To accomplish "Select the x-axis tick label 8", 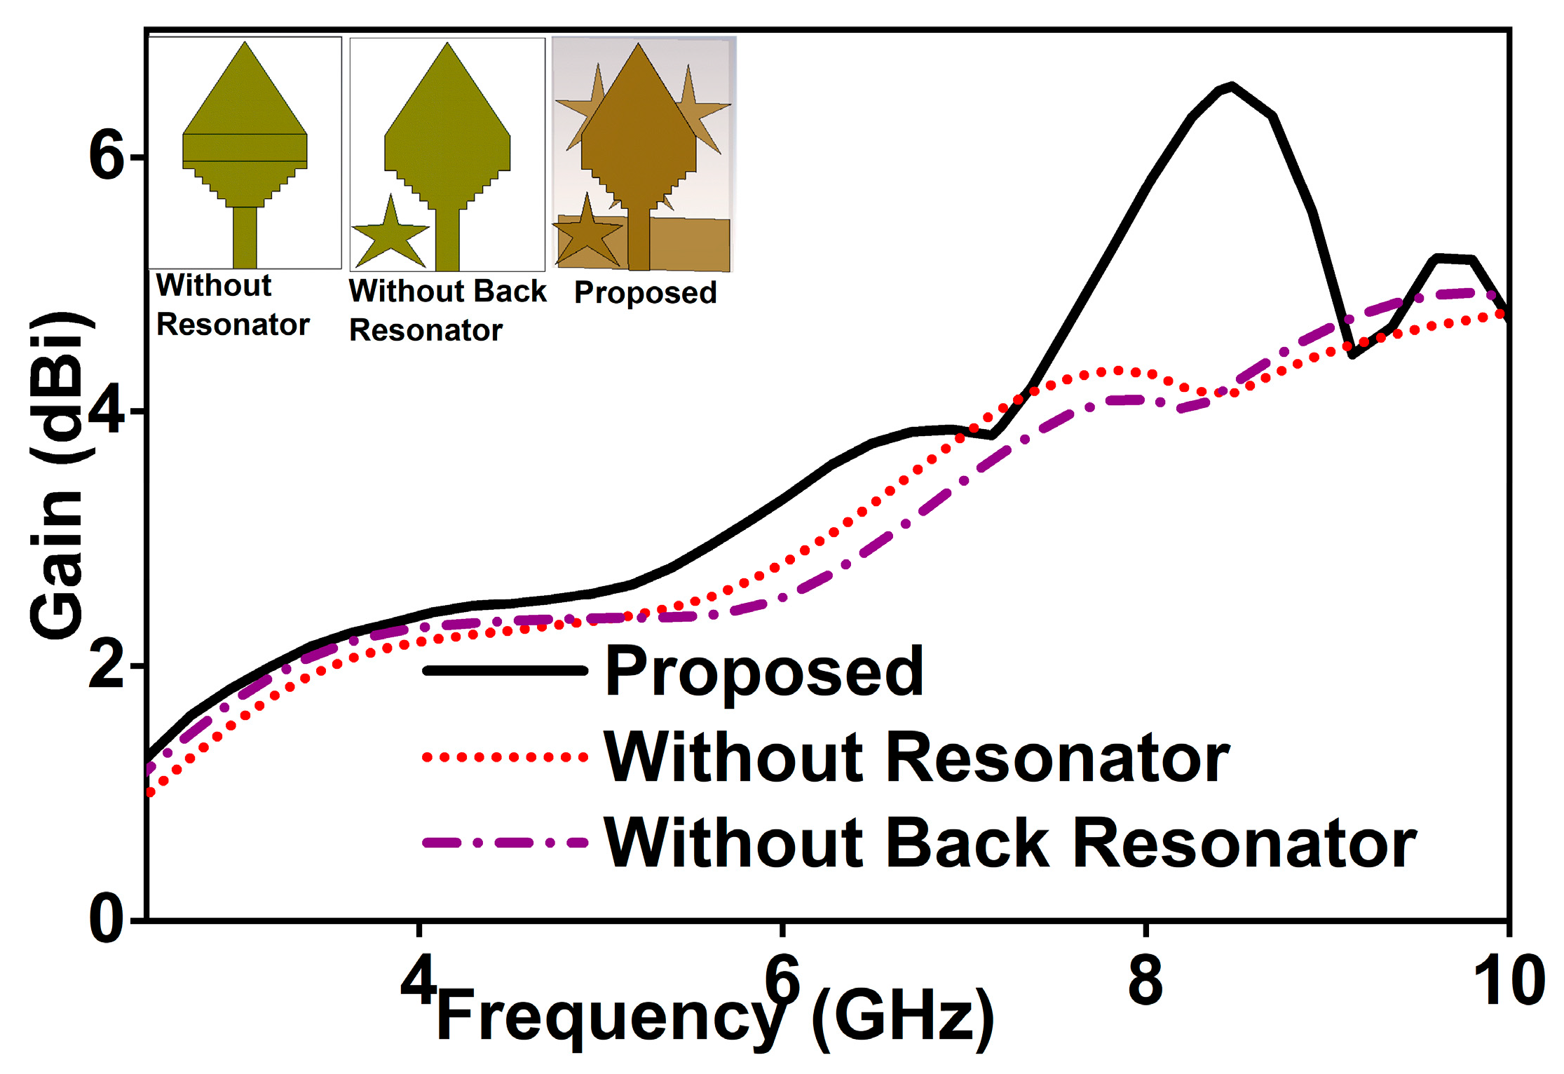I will coord(1145,980).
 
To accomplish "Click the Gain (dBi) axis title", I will coord(57,477).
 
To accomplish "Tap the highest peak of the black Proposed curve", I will coord(1231,86).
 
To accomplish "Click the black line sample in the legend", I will coord(505,671).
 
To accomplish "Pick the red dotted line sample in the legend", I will coord(505,757).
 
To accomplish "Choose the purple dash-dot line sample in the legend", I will coord(505,843).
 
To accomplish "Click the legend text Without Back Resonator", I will coord(1009,843).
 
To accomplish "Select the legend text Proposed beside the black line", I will coord(764,671).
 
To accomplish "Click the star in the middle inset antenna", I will coord(390,235).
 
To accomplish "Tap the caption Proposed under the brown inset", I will coord(645,292).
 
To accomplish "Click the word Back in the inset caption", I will coord(509,291).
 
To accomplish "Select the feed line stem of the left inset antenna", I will coord(245,237).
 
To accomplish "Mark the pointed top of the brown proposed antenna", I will coord(638,46).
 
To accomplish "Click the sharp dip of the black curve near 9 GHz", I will coord(1352,355).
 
